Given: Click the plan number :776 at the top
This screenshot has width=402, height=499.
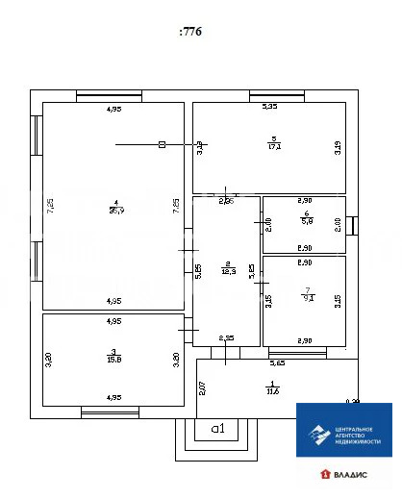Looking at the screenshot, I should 190,31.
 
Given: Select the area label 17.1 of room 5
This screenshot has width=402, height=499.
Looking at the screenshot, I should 274,147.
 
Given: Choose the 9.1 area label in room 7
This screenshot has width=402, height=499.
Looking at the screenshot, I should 304,299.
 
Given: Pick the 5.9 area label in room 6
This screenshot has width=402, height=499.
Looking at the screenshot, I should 304,221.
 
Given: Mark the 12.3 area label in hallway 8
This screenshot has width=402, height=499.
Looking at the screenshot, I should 227,271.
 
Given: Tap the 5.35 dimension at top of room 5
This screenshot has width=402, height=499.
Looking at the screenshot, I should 270,106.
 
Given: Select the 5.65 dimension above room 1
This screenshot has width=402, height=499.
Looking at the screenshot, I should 277,363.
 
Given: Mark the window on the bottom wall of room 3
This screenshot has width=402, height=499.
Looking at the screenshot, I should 110,413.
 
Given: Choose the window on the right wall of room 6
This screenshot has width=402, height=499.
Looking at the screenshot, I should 352,225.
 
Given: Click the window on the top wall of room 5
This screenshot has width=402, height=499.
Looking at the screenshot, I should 277,94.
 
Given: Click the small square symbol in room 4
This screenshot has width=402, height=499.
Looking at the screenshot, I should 162,144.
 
